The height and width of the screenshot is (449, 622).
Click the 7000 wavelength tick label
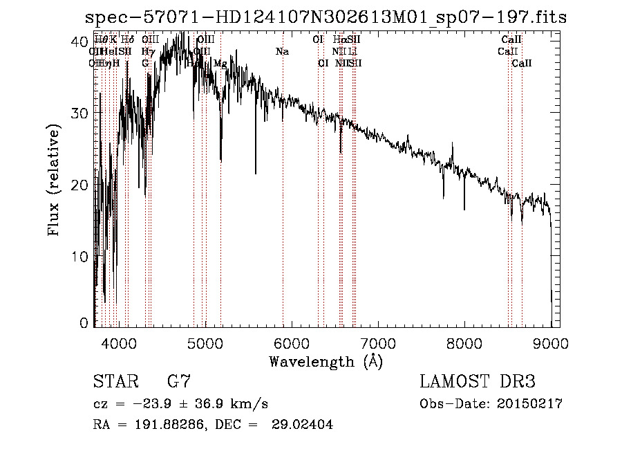[x=377, y=343]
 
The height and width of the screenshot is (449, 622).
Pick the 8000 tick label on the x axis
[x=464, y=343]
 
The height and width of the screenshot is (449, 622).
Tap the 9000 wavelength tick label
[x=550, y=343]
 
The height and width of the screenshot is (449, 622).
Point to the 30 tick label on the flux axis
[x=79, y=113]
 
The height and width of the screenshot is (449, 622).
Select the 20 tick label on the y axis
[x=79, y=185]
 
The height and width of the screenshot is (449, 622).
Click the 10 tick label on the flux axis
[x=79, y=257]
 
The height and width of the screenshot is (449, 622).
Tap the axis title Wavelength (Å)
[x=326, y=361]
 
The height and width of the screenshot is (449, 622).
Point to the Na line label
[x=282, y=52]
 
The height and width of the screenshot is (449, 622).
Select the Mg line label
[x=220, y=64]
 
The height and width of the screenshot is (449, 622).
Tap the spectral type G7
[x=179, y=382]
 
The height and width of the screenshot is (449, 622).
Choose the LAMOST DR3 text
[x=478, y=382]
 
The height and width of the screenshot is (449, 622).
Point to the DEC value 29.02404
[x=302, y=425]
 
